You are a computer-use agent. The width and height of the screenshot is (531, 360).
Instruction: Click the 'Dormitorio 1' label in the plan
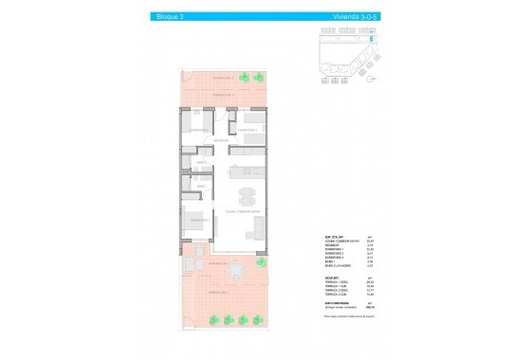click(198, 219)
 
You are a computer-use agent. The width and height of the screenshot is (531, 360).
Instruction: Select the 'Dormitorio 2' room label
click(248, 130)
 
